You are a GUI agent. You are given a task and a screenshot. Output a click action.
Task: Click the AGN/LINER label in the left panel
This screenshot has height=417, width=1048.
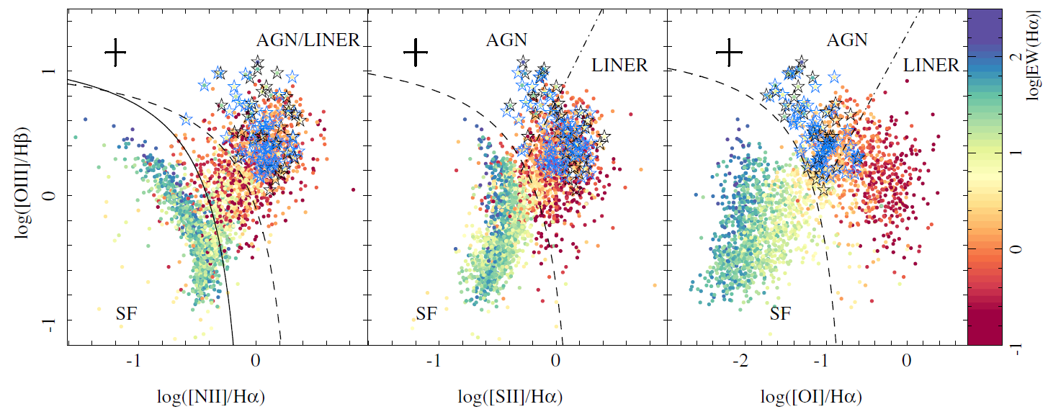pyautogui.click(x=308, y=40)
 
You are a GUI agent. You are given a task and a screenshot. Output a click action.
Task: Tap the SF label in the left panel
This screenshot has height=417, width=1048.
pyautogui.click(x=127, y=314)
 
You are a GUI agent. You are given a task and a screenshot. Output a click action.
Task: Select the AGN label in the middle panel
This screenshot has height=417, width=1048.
pyautogui.click(x=506, y=40)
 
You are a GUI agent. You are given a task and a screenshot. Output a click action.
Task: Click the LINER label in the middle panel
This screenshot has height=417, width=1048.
pyautogui.click(x=619, y=66)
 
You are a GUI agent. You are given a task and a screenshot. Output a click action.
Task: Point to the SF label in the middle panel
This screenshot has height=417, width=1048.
pyautogui.click(x=426, y=314)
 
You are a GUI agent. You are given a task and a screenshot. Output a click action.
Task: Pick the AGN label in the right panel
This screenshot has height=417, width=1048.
pyautogui.click(x=847, y=40)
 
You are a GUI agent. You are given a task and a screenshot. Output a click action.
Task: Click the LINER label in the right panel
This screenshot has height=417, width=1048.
pyautogui.click(x=931, y=66)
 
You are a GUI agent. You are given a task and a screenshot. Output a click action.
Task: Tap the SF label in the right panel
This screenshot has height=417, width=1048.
pyautogui.click(x=781, y=314)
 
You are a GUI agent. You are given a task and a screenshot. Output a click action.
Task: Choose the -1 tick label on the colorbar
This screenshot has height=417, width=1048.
pyautogui.click(x=1016, y=346)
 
